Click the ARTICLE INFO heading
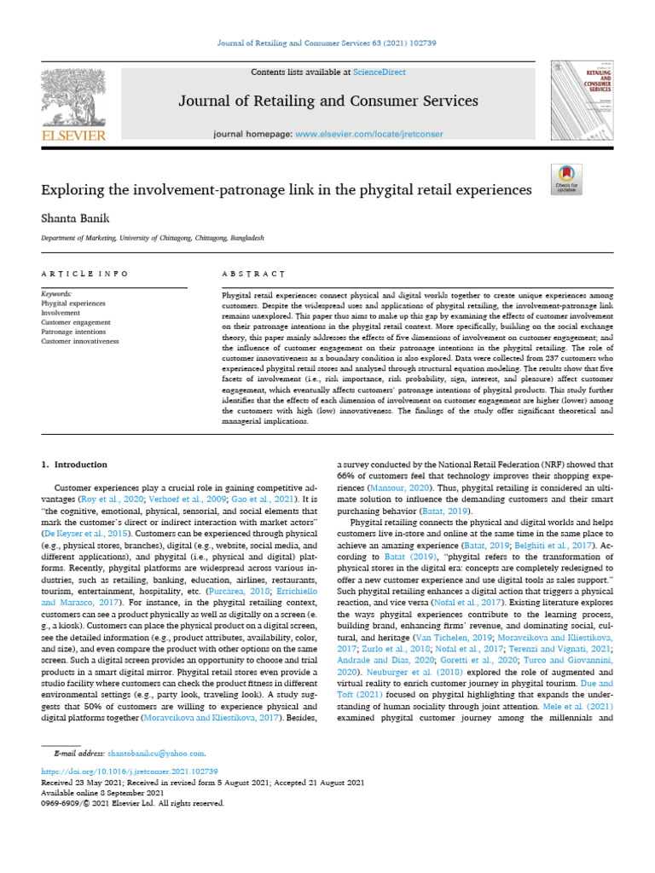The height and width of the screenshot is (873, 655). [x=84, y=274]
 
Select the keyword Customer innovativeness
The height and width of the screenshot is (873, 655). [x=80, y=341]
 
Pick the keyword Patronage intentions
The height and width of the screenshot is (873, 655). [x=74, y=332]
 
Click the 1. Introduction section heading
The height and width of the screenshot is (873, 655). [x=74, y=465]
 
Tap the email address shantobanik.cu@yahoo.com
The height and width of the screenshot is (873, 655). [x=156, y=754]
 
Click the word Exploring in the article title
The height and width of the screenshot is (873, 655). [x=78, y=188]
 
